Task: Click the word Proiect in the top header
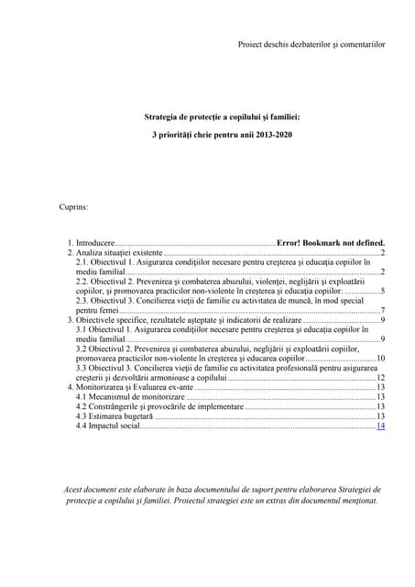(251, 43)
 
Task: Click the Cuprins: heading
(74, 208)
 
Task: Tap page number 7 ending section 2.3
(382, 310)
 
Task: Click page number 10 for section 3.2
(380, 359)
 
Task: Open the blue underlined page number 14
(380, 426)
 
